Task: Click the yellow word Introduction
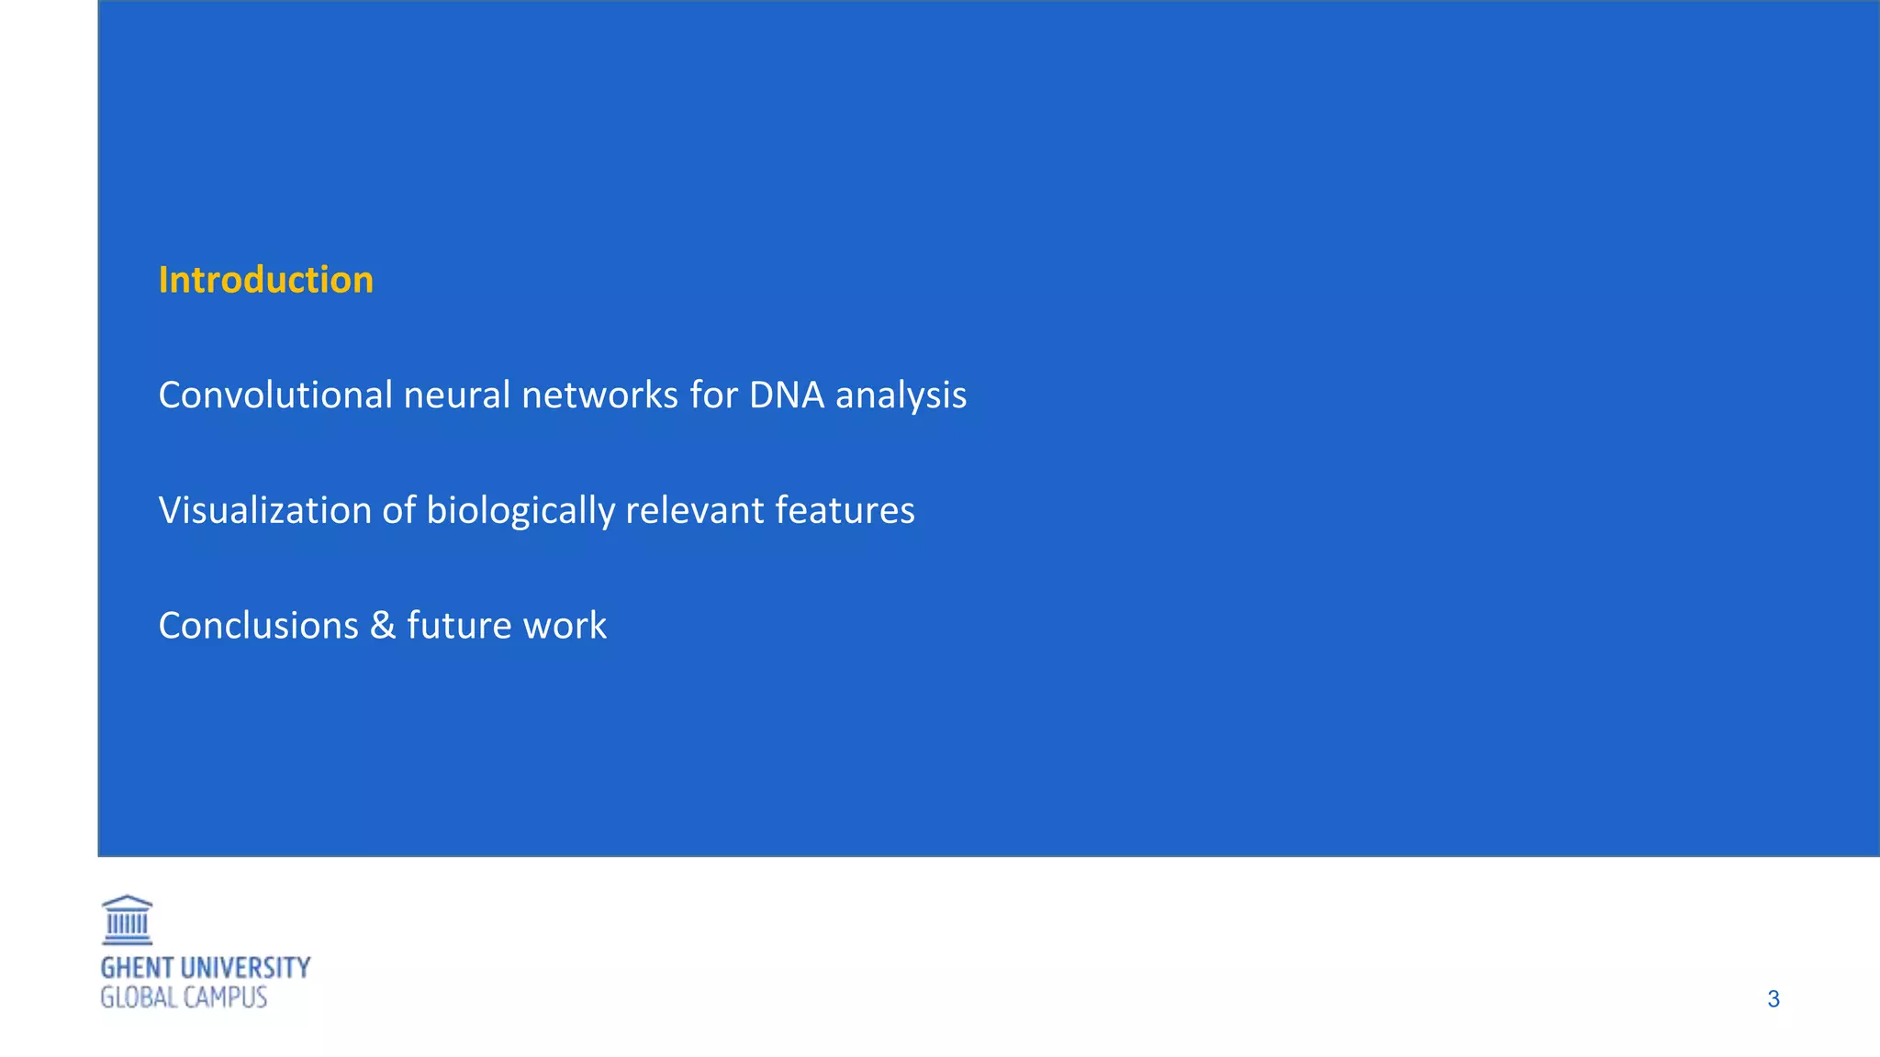tap(265, 280)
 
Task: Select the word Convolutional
tap(275, 395)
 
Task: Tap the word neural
tap(456, 395)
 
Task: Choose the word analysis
tap(901, 396)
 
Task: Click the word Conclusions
tap(258, 626)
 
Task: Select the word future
tap(458, 626)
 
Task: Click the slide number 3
tap(1774, 999)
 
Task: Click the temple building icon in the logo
tap(127, 920)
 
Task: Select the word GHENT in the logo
tap(137, 968)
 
